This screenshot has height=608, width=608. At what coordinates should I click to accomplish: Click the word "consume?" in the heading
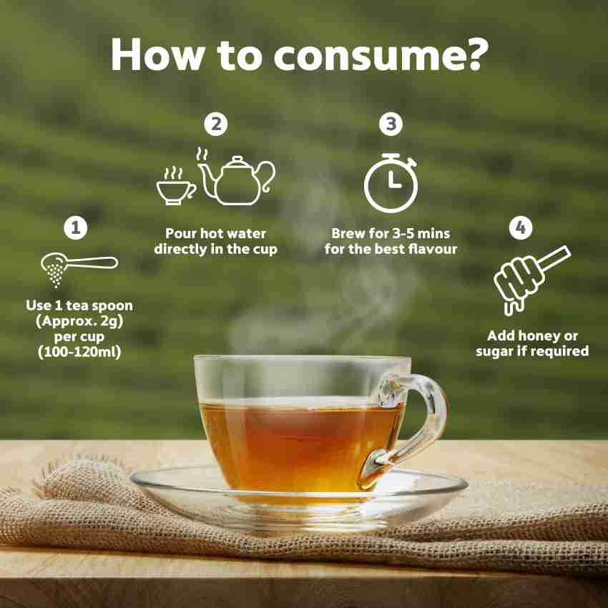coord(381,55)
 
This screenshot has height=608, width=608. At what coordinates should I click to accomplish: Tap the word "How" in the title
coord(157,54)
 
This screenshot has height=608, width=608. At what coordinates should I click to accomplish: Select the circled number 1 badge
coord(76,227)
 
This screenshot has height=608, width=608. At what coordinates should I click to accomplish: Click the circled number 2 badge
coord(216,124)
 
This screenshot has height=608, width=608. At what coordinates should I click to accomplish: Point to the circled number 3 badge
coord(391,124)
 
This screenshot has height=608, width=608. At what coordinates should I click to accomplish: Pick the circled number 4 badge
coord(521,227)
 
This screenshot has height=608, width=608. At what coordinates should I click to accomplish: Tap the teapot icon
coord(237,179)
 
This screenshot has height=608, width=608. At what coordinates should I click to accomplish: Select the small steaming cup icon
coord(176,186)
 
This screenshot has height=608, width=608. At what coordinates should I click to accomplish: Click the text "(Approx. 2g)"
coord(79,321)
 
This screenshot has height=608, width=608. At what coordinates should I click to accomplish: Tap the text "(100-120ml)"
coord(79,352)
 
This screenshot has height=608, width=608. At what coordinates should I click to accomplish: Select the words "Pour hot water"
coord(215,233)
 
